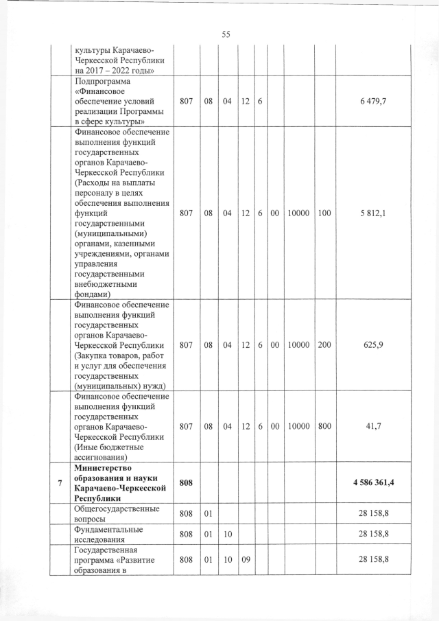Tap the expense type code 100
pos(324,213)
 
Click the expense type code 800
pos(324,425)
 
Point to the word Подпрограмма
pos(99,82)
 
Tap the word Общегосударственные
pos(116,508)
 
